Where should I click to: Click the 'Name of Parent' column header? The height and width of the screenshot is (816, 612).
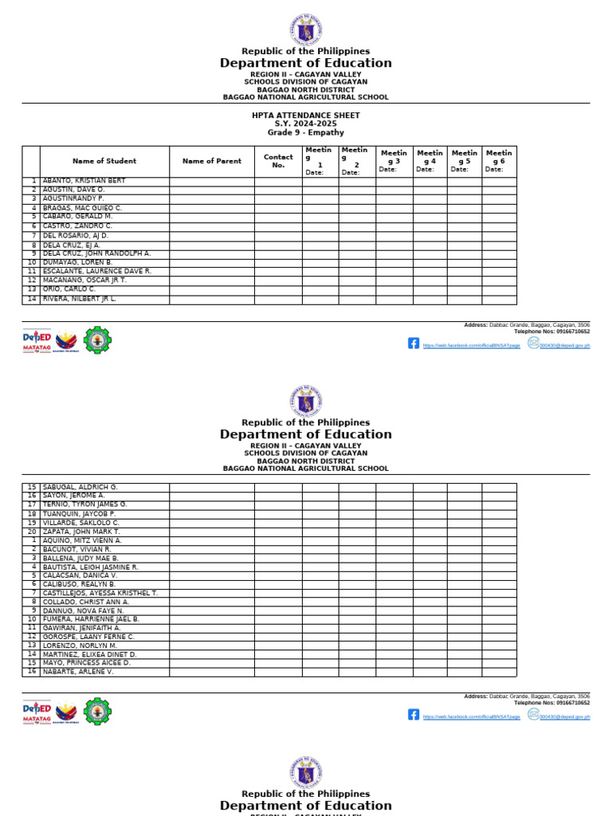pyautogui.click(x=212, y=161)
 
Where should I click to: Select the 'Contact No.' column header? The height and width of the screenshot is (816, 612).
pyautogui.click(x=278, y=161)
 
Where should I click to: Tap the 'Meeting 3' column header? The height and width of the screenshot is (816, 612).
pyautogui.click(x=394, y=157)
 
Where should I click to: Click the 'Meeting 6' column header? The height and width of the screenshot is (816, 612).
pyautogui.click(x=499, y=157)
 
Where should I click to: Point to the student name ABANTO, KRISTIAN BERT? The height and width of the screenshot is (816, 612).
pyautogui.click(x=84, y=181)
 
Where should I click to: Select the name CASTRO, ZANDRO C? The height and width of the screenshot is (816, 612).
pyautogui.click(x=77, y=226)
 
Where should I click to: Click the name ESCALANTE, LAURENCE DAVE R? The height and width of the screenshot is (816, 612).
pyautogui.click(x=96, y=271)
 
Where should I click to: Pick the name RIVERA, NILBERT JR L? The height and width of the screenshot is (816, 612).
pyautogui.click(x=80, y=299)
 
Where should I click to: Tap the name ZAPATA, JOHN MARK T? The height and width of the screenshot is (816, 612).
pyautogui.click(x=81, y=532)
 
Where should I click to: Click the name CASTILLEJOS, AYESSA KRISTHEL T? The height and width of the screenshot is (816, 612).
pyautogui.click(x=100, y=593)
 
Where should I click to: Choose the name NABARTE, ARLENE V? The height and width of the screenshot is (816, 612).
pyautogui.click(x=78, y=672)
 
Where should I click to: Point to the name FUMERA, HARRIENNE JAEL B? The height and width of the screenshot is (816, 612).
pyautogui.click(x=91, y=619)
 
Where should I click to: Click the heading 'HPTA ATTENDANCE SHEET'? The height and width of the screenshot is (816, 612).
pyautogui.click(x=305, y=116)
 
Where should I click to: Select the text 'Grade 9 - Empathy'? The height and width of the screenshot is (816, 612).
pyautogui.click(x=305, y=133)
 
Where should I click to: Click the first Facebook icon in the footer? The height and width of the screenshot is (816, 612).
pyautogui.click(x=414, y=343)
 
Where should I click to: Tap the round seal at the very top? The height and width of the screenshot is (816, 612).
pyautogui.click(x=306, y=30)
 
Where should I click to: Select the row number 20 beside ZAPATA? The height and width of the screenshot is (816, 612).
pyautogui.click(x=32, y=532)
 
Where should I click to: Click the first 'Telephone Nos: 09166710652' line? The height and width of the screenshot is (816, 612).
pyautogui.click(x=551, y=331)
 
